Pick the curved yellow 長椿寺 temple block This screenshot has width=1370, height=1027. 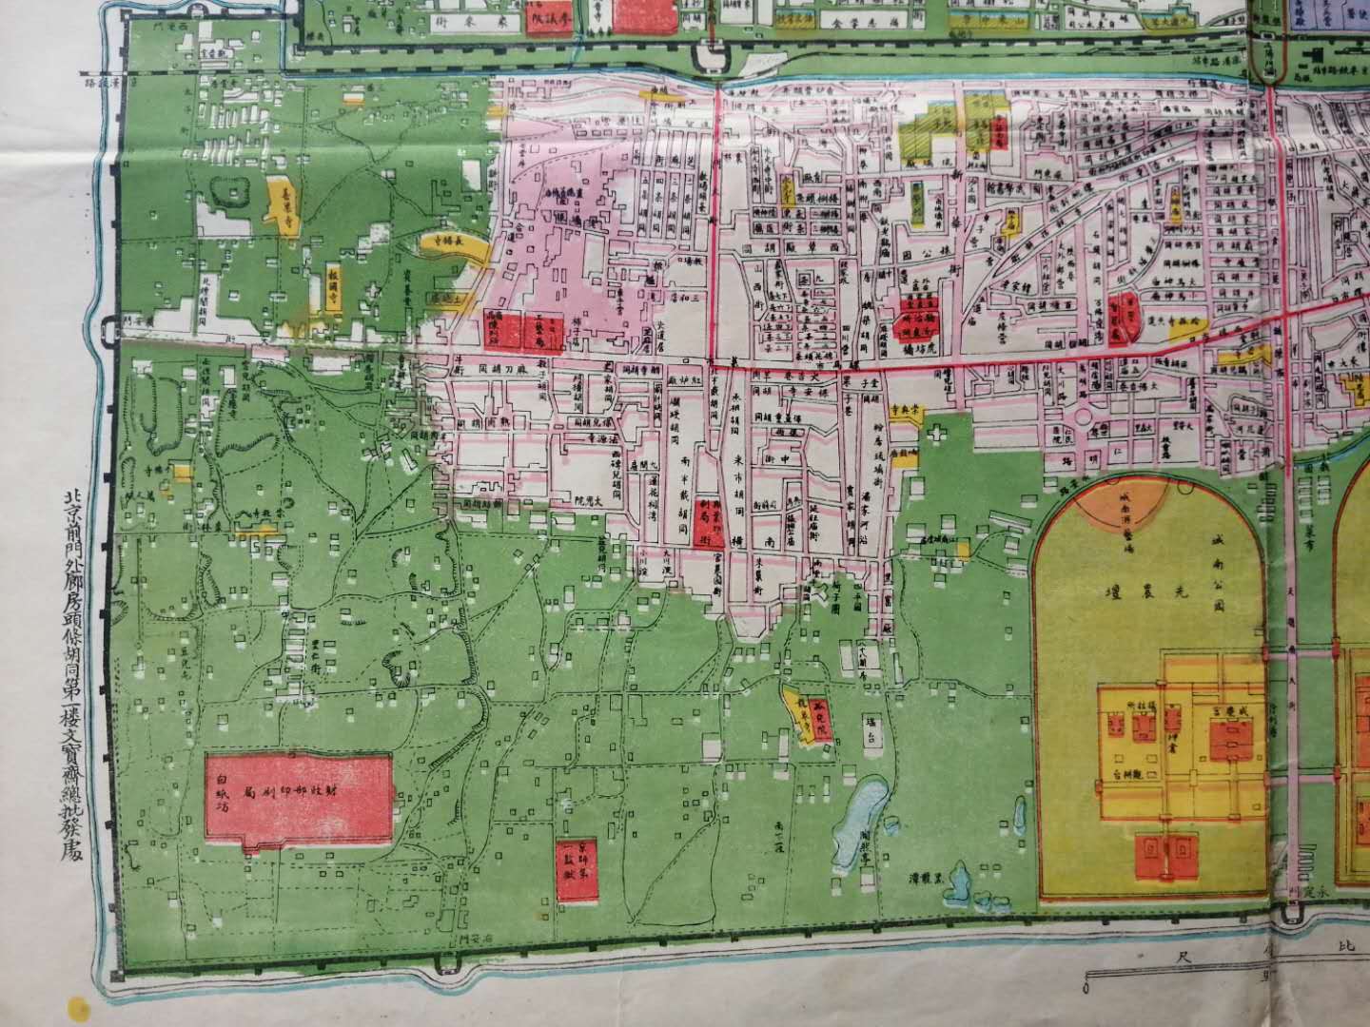[x=455, y=244]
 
